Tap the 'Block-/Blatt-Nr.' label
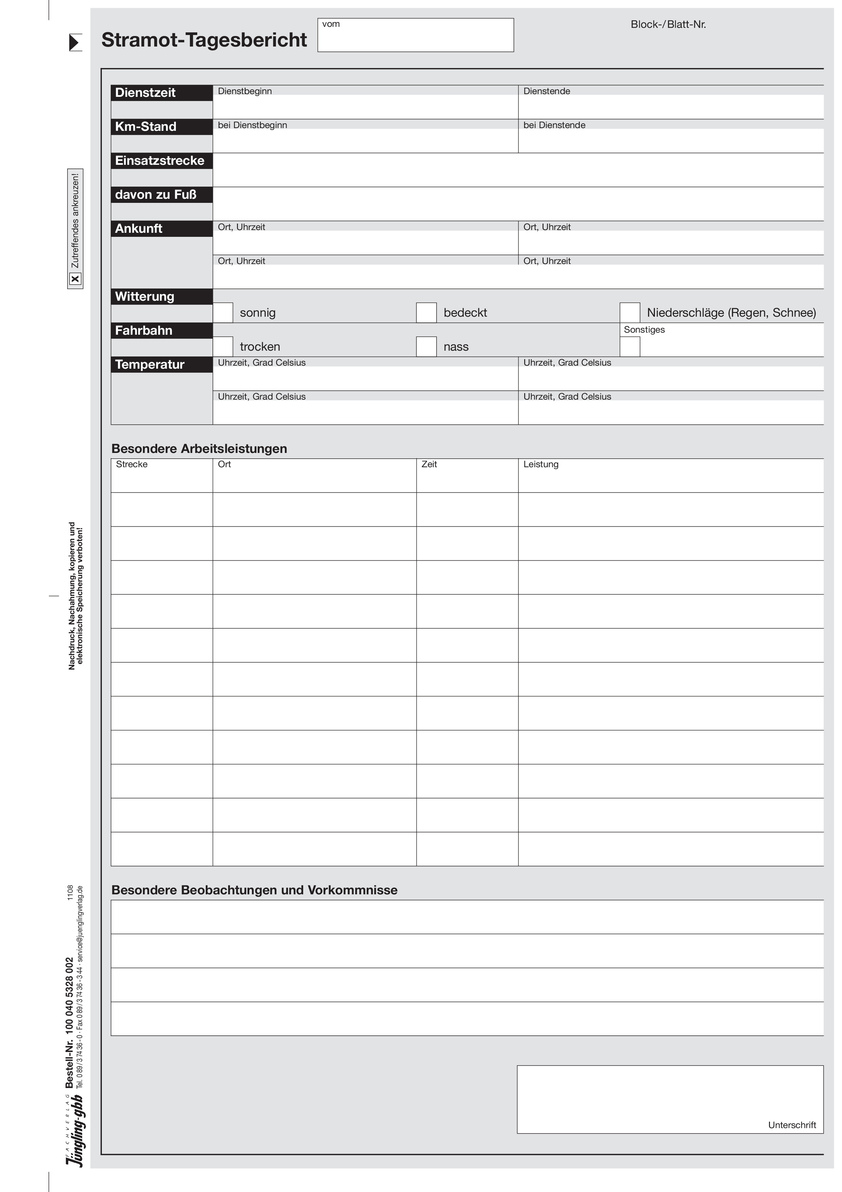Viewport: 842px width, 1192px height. tap(668, 24)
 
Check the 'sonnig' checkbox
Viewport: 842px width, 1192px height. tap(223, 313)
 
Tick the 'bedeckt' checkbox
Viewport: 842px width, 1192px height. tap(426, 313)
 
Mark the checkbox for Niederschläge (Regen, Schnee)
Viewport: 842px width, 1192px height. tap(629, 313)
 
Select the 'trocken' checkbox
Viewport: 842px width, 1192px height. tap(223, 347)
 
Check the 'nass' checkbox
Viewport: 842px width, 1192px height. tap(426, 347)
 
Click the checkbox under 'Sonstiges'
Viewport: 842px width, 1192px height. tap(629, 347)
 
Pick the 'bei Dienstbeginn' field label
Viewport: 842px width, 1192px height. tap(252, 125)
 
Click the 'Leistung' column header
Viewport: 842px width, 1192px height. tap(541, 464)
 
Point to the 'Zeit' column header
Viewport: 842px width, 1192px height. tap(429, 464)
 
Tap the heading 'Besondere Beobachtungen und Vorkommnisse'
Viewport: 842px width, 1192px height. tap(254, 890)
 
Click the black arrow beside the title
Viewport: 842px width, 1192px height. tap(75, 42)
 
